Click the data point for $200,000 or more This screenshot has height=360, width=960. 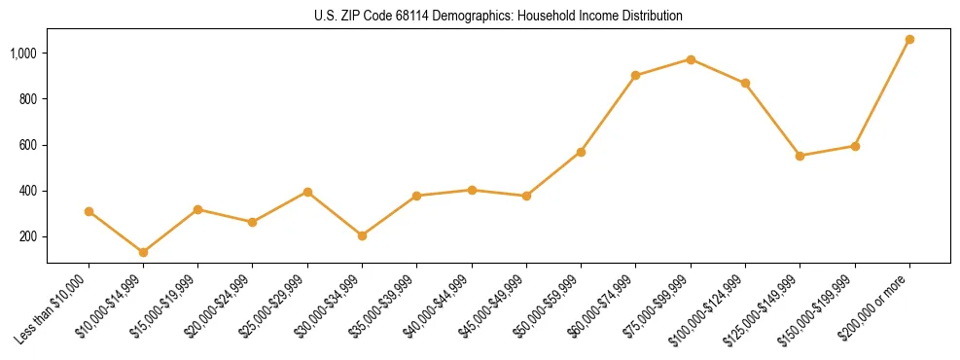[909, 40]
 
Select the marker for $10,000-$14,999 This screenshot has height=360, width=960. [143, 253]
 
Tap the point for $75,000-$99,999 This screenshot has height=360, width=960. [691, 59]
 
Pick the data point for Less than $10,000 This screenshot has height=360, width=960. [89, 211]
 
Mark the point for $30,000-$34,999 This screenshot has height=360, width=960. [362, 235]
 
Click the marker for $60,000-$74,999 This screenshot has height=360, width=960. [635, 75]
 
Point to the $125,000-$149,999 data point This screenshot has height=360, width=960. [800, 156]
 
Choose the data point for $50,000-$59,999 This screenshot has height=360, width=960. [581, 152]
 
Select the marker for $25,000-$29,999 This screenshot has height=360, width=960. [307, 192]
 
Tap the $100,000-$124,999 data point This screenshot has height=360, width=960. [745, 84]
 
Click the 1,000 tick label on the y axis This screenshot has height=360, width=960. [24, 54]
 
